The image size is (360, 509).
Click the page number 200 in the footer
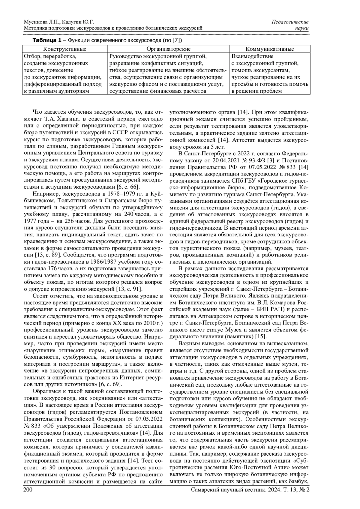pos(28,490)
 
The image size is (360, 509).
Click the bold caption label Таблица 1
pos(47,40)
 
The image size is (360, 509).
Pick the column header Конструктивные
pos(64,49)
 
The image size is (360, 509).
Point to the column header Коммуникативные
pos(270,49)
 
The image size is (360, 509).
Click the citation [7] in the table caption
pos(178,40)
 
